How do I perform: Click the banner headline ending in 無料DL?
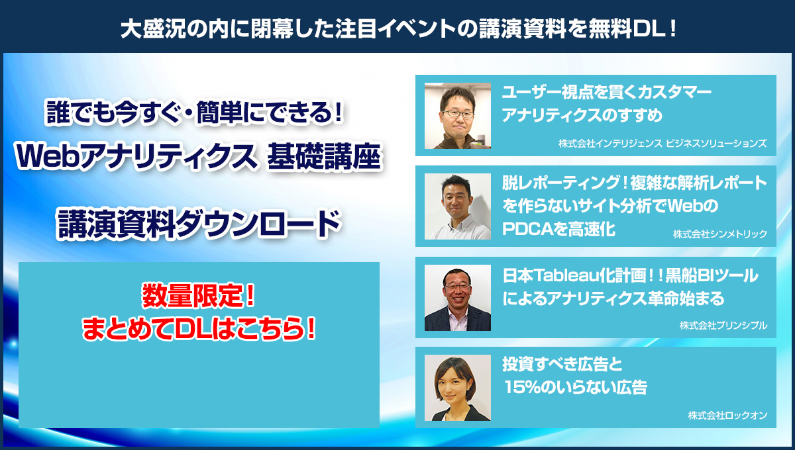click(x=398, y=28)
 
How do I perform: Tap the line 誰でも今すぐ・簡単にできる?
click(x=195, y=112)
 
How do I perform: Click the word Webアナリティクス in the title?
click(x=136, y=156)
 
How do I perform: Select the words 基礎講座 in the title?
click(x=325, y=156)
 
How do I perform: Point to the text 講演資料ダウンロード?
click(x=199, y=224)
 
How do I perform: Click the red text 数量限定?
click(x=198, y=295)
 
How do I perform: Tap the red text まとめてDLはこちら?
click(x=199, y=328)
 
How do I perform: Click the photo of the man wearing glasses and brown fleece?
click(x=458, y=116)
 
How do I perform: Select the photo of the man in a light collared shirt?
click(x=458, y=206)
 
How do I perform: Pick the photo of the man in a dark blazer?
click(x=458, y=298)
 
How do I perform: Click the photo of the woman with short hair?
click(x=458, y=388)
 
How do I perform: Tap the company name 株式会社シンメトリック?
click(x=719, y=234)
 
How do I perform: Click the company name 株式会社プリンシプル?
click(x=723, y=325)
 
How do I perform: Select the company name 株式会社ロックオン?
click(x=727, y=415)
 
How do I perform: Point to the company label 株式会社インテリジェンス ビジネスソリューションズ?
click(x=662, y=143)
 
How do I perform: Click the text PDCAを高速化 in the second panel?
click(x=558, y=229)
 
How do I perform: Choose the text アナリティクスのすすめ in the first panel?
click(x=582, y=115)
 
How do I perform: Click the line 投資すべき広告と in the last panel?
click(x=562, y=364)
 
